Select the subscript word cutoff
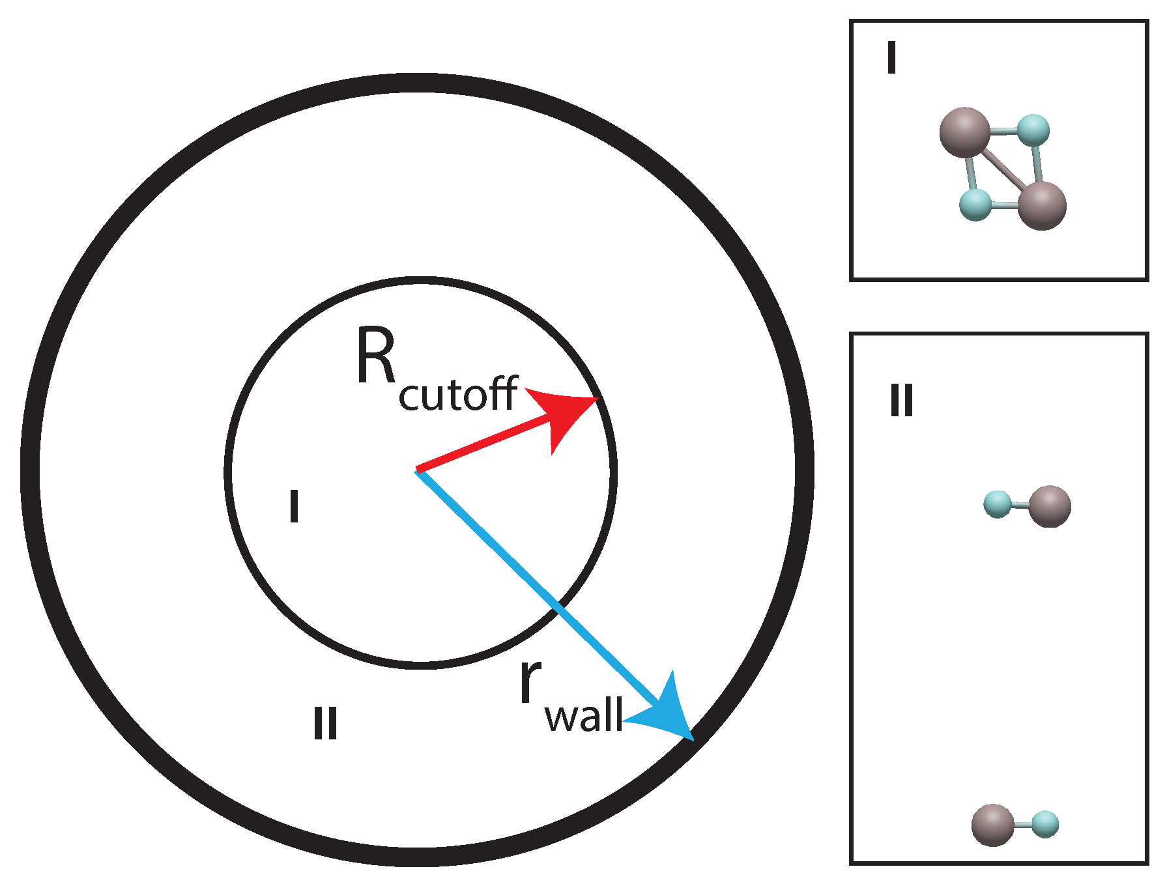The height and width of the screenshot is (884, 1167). (458, 394)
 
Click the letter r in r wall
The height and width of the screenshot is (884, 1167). (530, 681)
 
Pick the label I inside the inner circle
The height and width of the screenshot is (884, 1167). (294, 507)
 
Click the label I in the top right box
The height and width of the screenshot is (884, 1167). (891, 57)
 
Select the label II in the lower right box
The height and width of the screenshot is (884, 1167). (902, 400)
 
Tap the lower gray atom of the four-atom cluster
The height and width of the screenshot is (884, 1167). (1041, 206)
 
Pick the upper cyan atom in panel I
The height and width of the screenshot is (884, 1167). (1033, 130)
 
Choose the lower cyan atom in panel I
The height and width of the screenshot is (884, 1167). (975, 205)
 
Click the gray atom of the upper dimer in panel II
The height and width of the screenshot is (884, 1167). (1050, 506)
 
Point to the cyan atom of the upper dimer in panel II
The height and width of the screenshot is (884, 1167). (998, 504)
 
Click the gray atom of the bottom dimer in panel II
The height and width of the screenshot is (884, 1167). (992, 825)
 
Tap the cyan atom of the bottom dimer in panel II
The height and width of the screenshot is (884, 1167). (1045, 824)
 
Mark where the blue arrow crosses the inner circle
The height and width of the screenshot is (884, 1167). (556, 608)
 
